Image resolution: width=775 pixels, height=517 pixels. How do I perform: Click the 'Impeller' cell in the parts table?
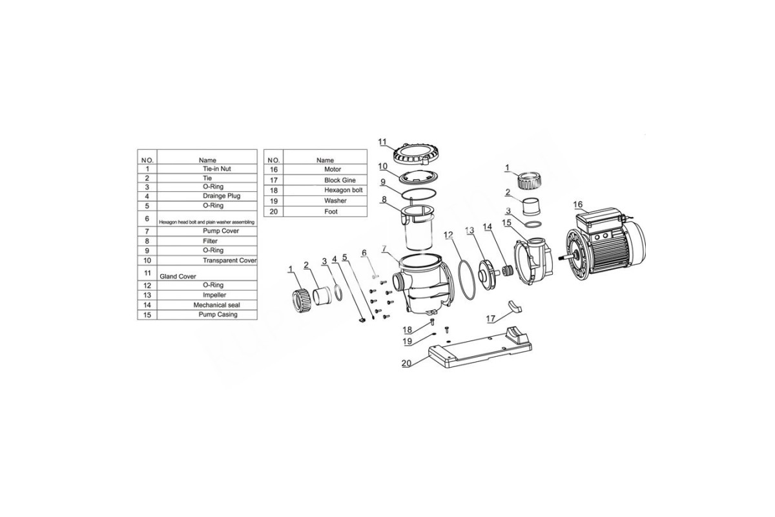[214, 295]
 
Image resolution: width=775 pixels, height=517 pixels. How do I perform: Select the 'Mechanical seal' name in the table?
[216, 305]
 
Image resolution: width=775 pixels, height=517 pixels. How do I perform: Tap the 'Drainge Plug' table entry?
[222, 196]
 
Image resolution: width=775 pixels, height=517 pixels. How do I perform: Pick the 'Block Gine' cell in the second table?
[340, 180]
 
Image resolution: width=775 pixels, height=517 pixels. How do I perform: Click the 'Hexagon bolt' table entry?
[343, 190]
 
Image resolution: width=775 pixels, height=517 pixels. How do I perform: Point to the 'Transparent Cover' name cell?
[230, 260]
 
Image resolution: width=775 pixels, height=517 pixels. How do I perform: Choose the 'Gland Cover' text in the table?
[178, 277]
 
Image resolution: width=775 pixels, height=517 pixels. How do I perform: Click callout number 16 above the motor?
[578, 204]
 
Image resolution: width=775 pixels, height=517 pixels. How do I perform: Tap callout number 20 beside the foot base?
[406, 363]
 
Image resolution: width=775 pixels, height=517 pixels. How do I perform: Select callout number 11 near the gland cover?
[382, 142]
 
